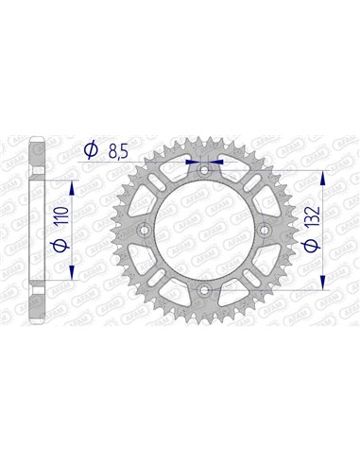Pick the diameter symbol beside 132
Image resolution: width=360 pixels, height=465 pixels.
(x=309, y=247)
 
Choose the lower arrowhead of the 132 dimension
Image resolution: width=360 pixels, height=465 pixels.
(x=325, y=282)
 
